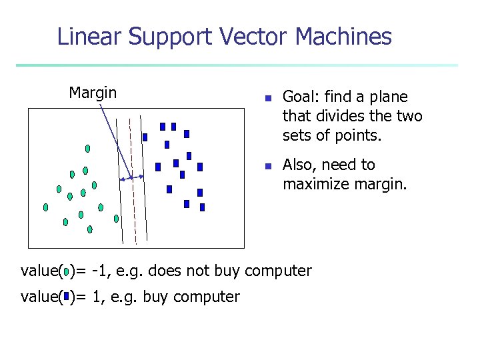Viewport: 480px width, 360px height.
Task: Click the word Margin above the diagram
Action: (93, 93)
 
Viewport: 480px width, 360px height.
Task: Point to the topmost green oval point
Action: (87, 148)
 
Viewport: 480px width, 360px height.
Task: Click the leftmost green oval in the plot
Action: (45, 207)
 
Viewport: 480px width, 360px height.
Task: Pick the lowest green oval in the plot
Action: (89, 229)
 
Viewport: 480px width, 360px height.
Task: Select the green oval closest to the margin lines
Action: (116, 218)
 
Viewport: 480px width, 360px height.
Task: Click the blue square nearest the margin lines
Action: (145, 137)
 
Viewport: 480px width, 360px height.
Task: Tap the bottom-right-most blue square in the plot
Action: (202, 207)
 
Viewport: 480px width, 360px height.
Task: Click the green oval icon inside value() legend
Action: (67, 271)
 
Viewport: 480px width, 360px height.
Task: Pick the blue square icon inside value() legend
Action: (67, 297)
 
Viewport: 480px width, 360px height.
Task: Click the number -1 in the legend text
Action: (101, 271)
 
